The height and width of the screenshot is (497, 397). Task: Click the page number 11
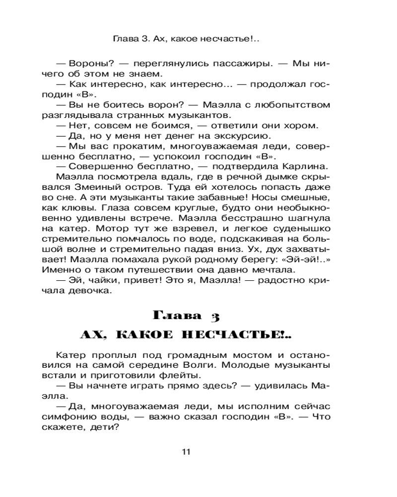point(186,452)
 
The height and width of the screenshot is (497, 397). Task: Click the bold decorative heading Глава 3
point(186,315)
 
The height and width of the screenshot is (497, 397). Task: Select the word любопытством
point(293,104)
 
